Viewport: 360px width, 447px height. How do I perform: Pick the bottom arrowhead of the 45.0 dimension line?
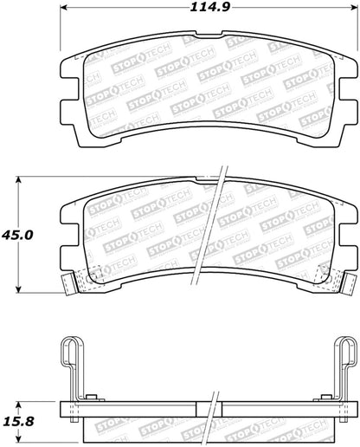(x=19, y=293)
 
